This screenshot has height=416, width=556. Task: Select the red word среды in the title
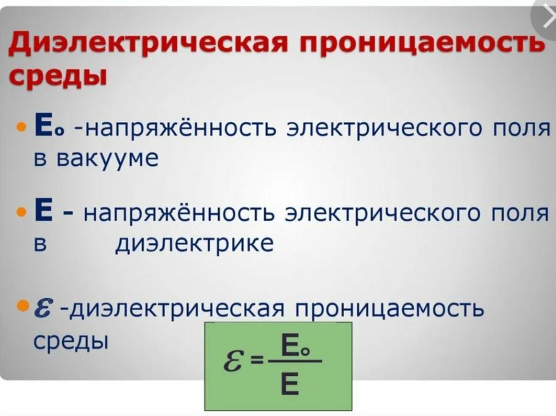58,76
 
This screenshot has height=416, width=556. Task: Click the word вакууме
107,159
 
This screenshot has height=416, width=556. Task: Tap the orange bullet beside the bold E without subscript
22,212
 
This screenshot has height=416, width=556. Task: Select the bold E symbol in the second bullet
43,210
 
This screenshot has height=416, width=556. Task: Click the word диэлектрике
195,244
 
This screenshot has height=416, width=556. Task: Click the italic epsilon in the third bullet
44,307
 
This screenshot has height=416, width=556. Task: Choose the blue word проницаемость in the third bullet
390,309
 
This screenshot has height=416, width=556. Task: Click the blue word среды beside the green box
71,341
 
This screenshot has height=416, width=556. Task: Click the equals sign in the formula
257,361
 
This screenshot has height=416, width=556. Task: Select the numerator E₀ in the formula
295,345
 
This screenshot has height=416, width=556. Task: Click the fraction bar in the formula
295,361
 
